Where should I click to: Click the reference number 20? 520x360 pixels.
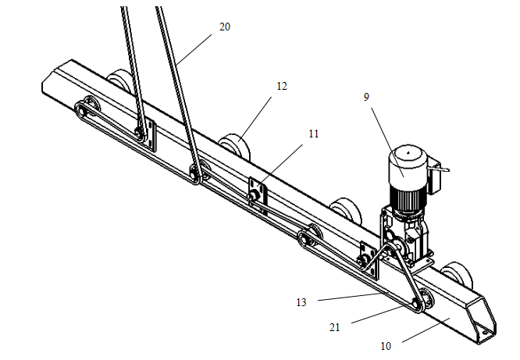pos(225,27)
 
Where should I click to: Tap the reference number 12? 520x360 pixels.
pos(282,86)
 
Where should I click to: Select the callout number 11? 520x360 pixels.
pos(313,134)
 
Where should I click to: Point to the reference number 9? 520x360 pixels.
pos(366,97)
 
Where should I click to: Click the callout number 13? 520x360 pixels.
pos(301,302)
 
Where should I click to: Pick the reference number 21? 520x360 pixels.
pos(335,327)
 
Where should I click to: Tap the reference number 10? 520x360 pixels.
pos(386,346)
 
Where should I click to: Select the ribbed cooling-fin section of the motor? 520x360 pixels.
pos(407,198)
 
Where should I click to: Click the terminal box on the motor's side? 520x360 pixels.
pos(434,176)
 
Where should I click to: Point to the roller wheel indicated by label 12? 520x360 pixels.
pos(235,147)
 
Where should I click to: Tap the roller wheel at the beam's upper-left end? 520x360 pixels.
pos(119,82)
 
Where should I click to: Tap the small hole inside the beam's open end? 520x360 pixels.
pos(485,331)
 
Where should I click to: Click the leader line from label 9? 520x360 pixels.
pos(387,142)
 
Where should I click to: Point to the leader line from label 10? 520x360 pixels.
pos(426,330)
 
